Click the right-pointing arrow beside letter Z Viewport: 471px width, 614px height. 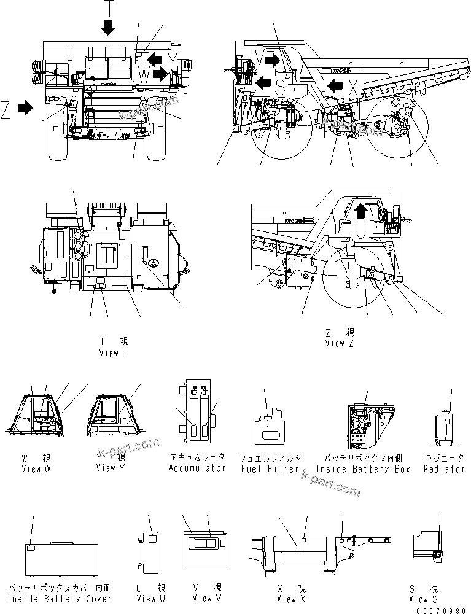point(25,108)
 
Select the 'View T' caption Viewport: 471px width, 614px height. point(113,353)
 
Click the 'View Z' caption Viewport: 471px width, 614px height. point(340,343)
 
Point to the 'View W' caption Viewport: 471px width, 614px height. point(39,468)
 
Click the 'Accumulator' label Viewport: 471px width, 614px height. point(198,468)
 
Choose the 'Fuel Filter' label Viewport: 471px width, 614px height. point(270,468)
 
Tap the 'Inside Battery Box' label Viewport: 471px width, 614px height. point(363,468)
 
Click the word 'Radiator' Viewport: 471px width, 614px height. point(444,468)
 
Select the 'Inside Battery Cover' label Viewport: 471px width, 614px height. point(60,598)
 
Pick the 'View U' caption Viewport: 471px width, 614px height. point(151,598)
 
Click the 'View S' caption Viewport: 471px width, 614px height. point(424,599)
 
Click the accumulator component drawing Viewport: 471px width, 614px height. point(197,414)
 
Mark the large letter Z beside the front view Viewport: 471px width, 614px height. point(6,109)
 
